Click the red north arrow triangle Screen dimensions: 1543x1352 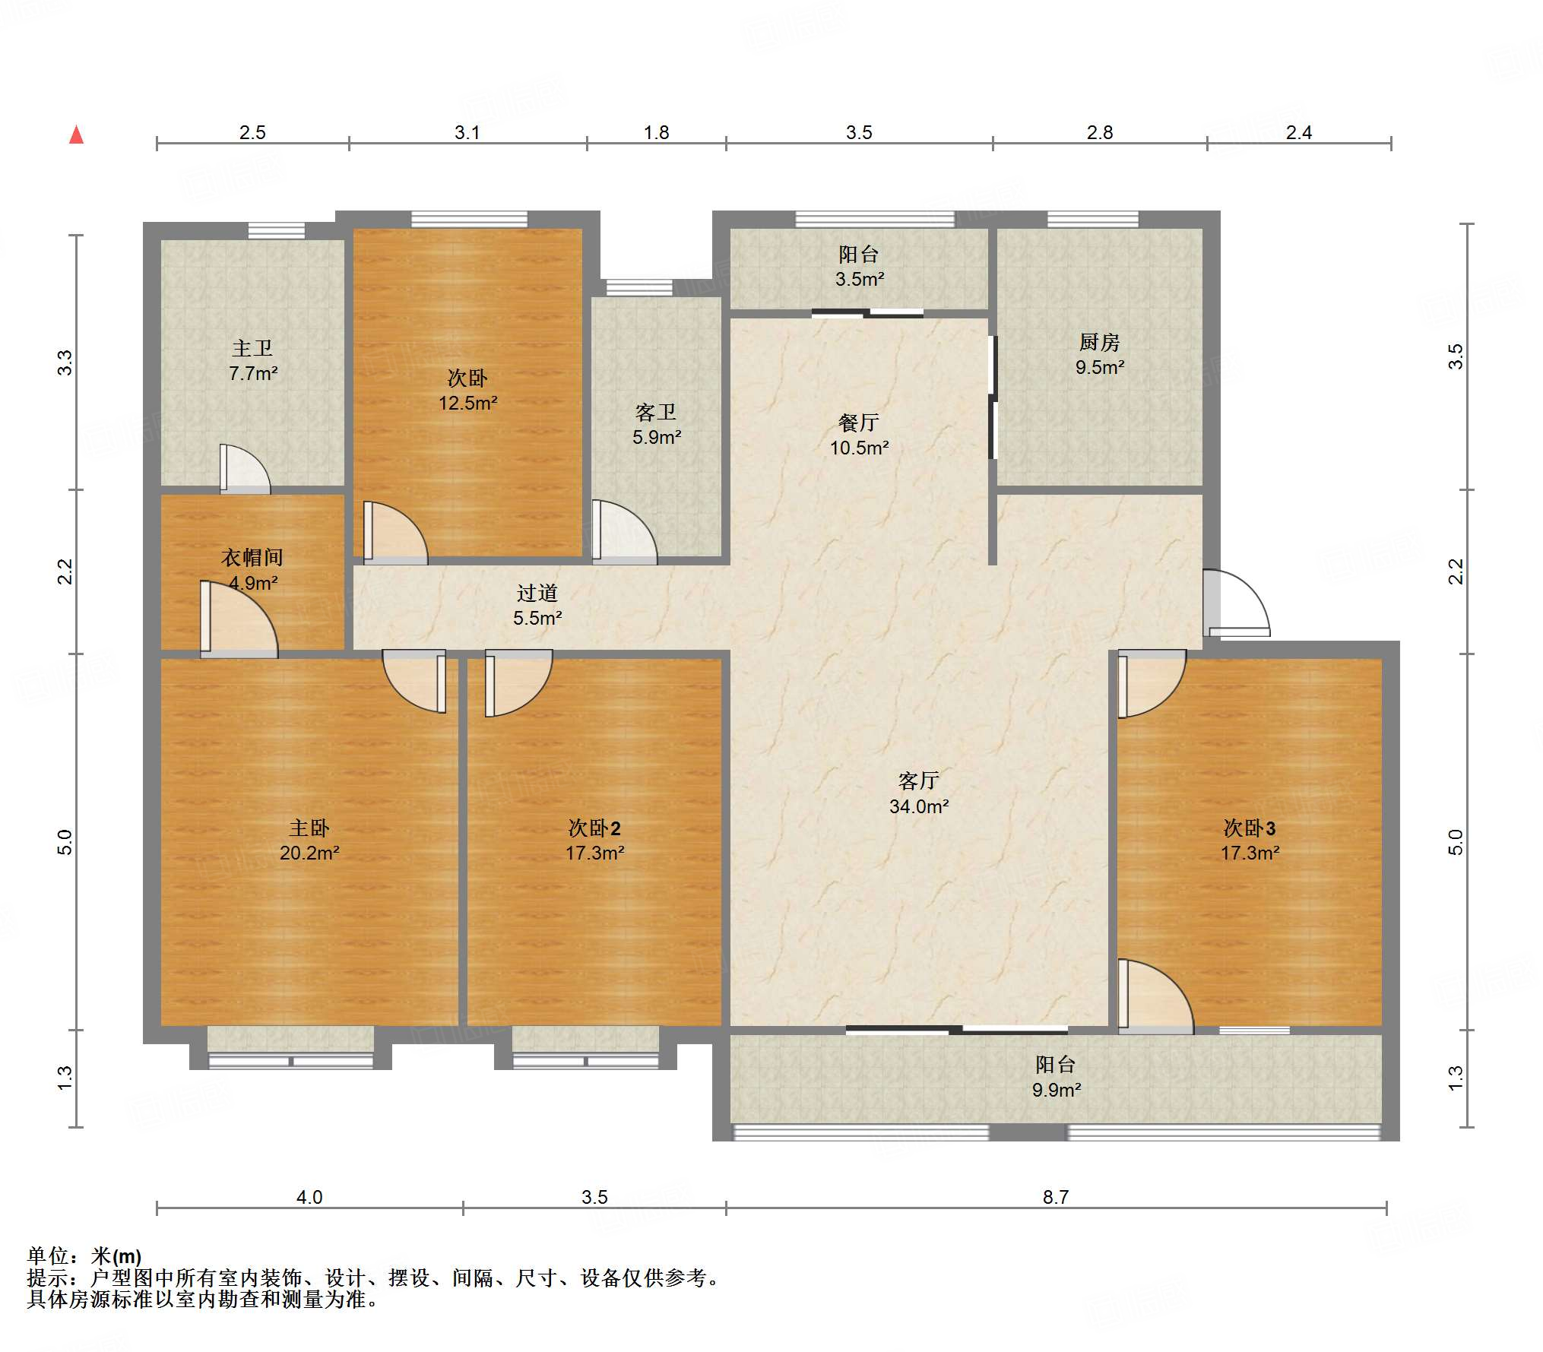click(x=77, y=135)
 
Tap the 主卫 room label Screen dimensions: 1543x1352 click(x=252, y=348)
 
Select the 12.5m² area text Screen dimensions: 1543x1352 click(x=467, y=403)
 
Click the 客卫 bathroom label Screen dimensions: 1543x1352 click(x=656, y=412)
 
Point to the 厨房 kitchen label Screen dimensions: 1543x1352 click(x=1100, y=342)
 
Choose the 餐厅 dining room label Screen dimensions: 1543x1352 click(x=859, y=422)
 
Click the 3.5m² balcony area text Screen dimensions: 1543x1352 click(x=860, y=279)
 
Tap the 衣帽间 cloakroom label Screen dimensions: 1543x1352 click(x=252, y=557)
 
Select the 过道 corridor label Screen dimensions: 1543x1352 click(x=537, y=593)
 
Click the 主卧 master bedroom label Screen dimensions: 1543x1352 click(x=309, y=828)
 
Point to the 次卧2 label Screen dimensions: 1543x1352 click(x=594, y=828)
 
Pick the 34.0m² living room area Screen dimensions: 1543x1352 click(x=919, y=806)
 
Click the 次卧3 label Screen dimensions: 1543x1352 click(x=1250, y=828)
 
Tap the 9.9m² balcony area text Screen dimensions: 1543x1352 click(x=1057, y=1090)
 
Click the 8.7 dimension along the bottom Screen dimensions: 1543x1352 click(x=1056, y=1197)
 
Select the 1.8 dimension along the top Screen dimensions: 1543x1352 click(x=657, y=132)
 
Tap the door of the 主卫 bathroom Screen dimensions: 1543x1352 click(x=245, y=469)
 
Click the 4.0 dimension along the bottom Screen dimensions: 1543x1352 click(x=309, y=1197)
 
